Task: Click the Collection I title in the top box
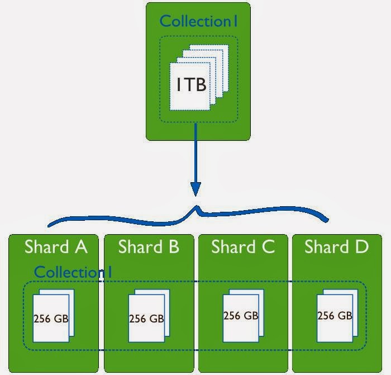199,21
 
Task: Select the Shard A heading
55,247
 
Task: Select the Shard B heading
149,247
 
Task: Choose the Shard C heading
243,247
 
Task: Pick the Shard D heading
336,247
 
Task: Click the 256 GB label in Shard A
51,320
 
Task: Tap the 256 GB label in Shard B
146,319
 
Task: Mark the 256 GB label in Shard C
241,315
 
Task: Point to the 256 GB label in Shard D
335,315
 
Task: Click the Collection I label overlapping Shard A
73,272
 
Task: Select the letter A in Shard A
80,247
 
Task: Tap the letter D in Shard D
362,247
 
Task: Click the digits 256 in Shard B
137,319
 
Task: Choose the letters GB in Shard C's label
251,315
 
